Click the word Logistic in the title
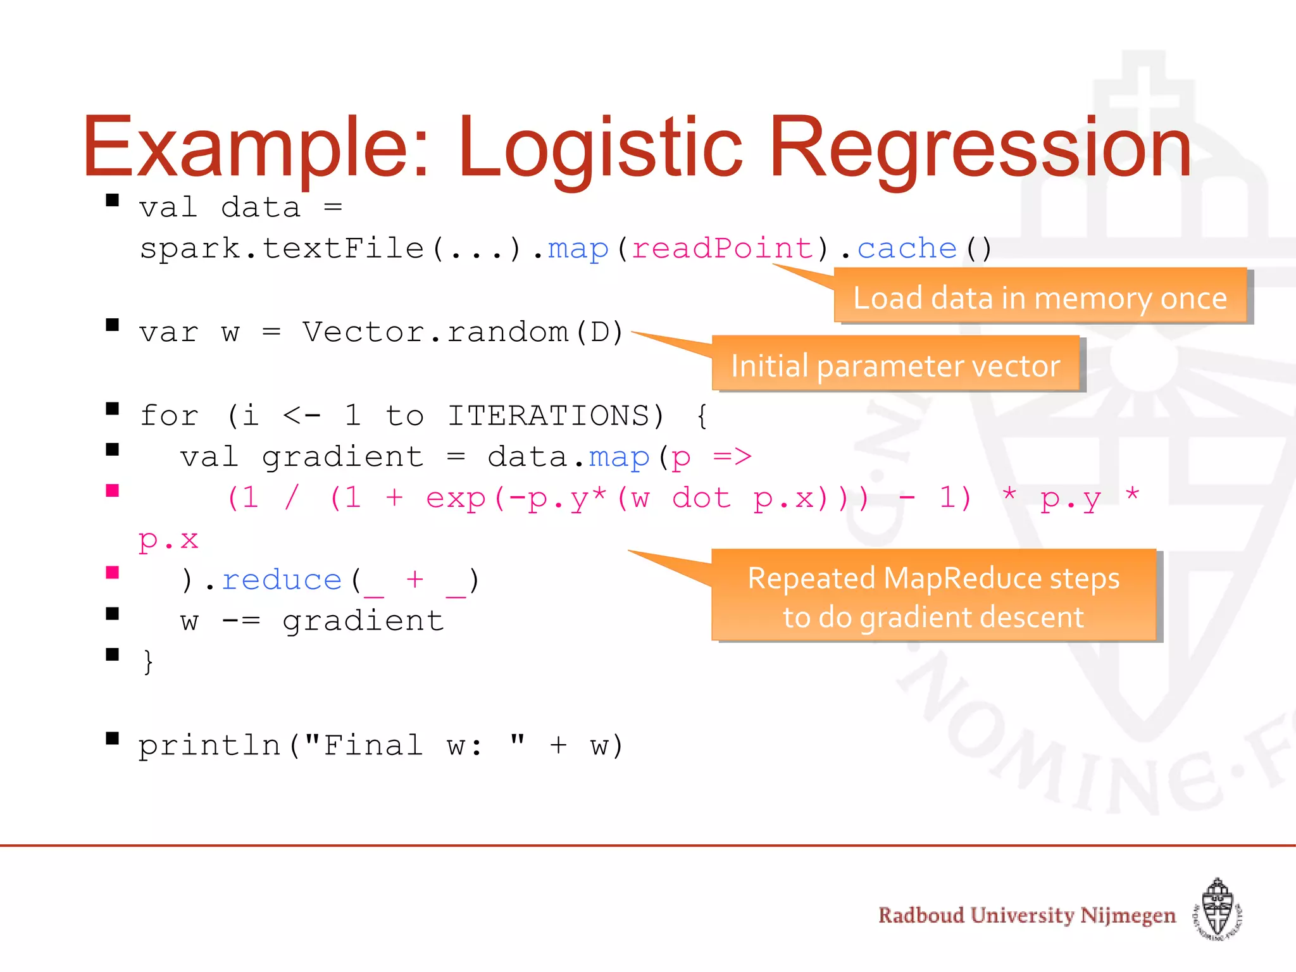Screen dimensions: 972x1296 (600, 147)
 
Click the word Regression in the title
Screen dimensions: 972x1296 (980, 147)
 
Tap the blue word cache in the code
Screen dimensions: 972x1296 (906, 248)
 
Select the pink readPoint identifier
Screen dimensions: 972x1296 (722, 248)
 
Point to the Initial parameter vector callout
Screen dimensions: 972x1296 (895, 365)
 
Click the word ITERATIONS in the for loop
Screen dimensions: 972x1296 (549, 416)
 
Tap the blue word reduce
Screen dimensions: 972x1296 (282, 580)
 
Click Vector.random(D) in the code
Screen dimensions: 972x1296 (463, 332)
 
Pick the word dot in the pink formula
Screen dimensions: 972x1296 (701, 499)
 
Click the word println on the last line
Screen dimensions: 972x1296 (209, 745)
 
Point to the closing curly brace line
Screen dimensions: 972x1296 (148, 662)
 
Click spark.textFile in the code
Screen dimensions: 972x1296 (281, 248)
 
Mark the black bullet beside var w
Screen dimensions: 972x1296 (113, 325)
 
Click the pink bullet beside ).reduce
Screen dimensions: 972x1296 (113, 573)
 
